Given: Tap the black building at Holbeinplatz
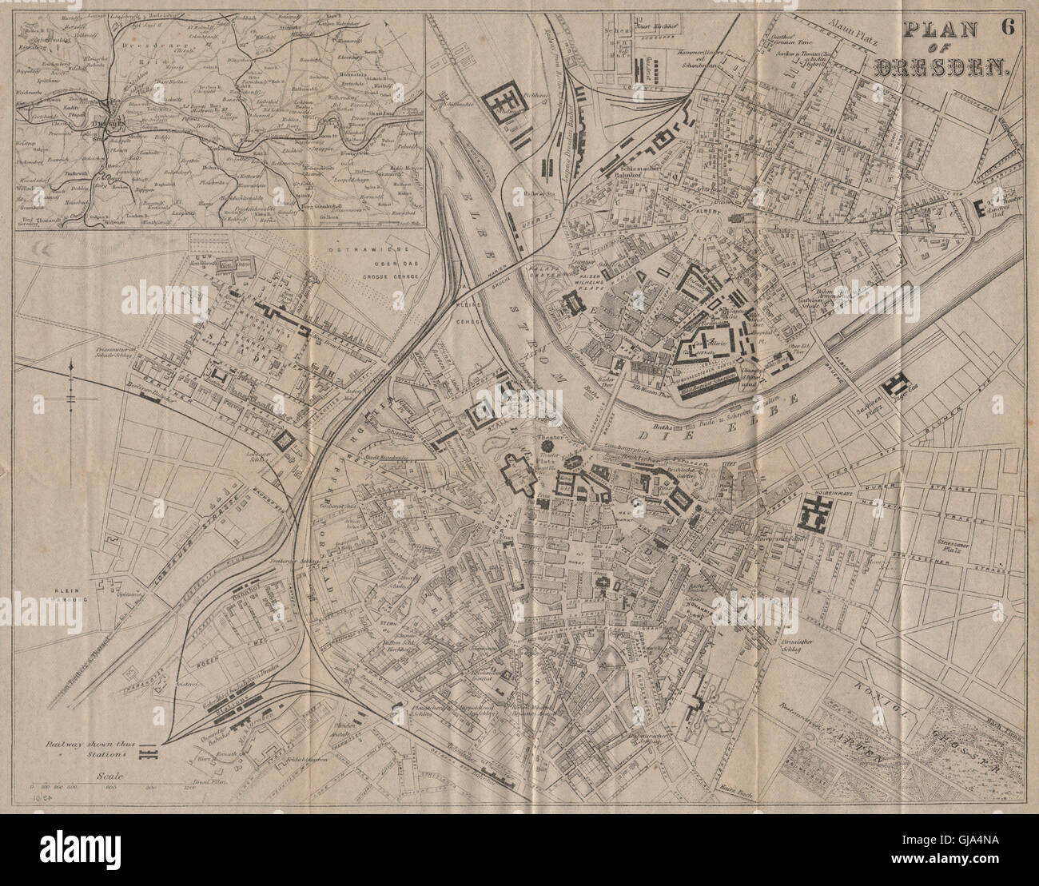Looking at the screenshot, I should click(816, 512).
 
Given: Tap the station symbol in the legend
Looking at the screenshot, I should click(149, 753).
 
